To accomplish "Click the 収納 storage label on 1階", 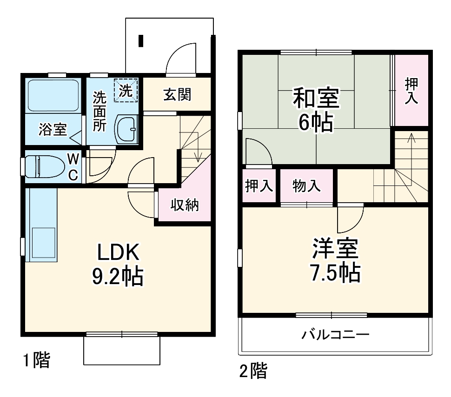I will tap(184, 205).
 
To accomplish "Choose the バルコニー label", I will tap(335, 334).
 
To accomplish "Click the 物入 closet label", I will tap(306, 186).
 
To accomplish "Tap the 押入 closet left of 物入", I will tap(259, 186).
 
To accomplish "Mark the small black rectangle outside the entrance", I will tap(141, 41).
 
